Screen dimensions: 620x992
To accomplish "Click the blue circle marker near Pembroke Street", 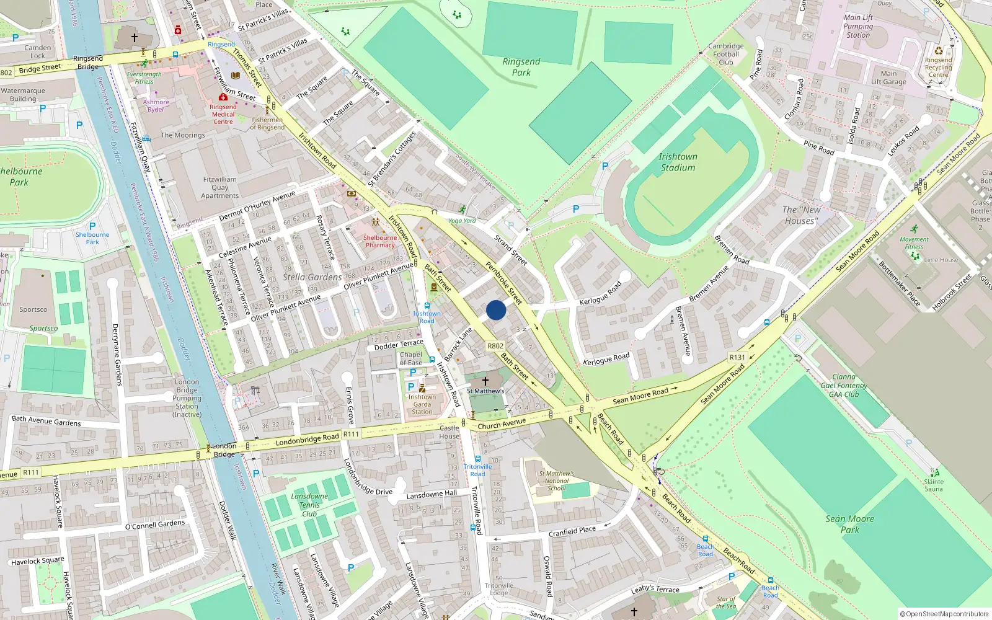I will click(496, 310).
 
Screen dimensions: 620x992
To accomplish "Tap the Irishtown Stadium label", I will click(678, 162).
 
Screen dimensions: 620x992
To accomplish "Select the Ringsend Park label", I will click(521, 67).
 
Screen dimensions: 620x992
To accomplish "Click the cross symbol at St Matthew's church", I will click(485, 381).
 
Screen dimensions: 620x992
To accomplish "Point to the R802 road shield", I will click(495, 346).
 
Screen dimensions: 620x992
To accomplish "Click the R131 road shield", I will click(737, 357).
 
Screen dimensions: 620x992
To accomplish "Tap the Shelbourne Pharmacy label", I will click(379, 241).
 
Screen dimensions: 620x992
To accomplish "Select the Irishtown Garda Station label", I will click(422, 404).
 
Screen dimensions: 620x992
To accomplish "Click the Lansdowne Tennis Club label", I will click(309, 505).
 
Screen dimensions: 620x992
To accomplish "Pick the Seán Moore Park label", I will click(849, 524).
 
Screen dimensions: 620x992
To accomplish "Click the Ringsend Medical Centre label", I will click(223, 114).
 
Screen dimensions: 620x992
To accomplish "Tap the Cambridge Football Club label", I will click(726, 54).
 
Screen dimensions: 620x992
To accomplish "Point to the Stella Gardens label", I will click(312, 277).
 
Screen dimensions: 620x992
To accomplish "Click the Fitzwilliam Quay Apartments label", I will click(219, 187).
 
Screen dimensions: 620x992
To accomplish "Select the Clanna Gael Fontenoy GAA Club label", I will click(844, 385).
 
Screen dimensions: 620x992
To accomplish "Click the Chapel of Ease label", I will click(410, 359).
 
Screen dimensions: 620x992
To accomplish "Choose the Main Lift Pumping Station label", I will click(858, 26).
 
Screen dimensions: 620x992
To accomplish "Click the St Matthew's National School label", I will click(556, 480).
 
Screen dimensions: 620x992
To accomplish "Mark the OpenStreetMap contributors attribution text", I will click(944, 614).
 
